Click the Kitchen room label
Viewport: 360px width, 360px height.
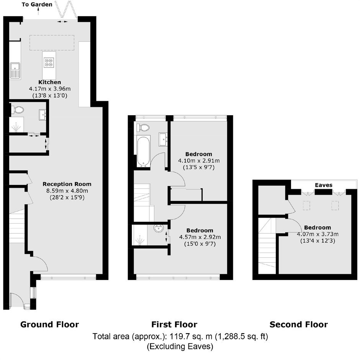49,82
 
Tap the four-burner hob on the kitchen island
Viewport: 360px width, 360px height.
49,63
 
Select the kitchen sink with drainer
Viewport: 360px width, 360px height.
15,71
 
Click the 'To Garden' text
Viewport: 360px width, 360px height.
37,4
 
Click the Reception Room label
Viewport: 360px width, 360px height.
67,184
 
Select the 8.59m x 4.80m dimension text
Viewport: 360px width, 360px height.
67,191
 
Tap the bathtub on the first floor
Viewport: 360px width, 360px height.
144,151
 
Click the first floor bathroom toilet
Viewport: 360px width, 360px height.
143,128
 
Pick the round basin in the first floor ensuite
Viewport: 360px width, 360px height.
159,228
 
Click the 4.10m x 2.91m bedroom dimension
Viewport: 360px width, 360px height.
199,161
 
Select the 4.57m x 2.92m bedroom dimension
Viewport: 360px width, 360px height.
200,237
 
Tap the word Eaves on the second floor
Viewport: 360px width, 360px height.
324,185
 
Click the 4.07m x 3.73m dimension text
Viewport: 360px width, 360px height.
318,234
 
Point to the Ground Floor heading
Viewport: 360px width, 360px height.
49,324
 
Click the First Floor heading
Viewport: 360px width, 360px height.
174,324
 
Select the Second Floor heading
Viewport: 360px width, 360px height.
299,324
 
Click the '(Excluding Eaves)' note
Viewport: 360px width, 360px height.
180,346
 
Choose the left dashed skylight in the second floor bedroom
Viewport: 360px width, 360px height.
306,206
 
